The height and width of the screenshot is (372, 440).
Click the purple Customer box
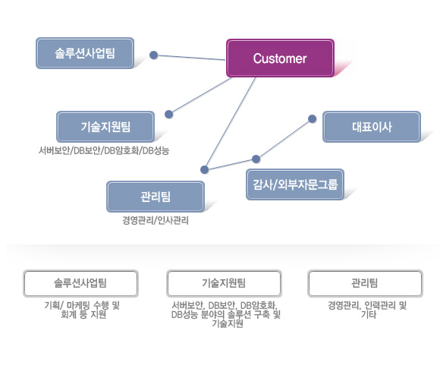280,58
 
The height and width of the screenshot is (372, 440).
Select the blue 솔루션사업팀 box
85,53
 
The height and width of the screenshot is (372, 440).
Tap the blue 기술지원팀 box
105,127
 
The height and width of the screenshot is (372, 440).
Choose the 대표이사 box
372,127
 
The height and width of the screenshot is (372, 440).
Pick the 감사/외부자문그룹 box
295,184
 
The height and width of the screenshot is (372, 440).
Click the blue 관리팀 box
156,197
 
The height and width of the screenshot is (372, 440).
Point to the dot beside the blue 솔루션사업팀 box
153,55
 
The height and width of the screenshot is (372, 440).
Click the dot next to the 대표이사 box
312,118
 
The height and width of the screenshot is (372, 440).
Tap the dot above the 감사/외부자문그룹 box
256,159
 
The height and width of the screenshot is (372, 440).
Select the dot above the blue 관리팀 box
205,169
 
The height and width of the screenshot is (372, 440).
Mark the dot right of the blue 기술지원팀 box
168,115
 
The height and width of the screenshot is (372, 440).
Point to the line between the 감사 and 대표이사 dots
284,139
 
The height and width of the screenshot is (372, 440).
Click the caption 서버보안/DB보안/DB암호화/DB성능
104,151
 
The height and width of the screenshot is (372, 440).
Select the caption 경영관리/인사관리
156,220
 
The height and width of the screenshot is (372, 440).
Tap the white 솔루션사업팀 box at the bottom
81,283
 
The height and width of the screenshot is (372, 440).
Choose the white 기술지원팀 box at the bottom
224,283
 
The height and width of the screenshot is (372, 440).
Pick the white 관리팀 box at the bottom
366,283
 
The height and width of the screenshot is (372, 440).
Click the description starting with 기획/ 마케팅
82,310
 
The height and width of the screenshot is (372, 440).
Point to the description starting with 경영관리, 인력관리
367,310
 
